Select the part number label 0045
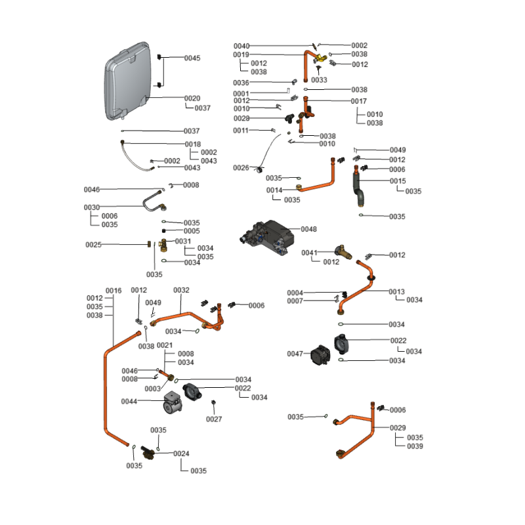[x=192, y=58]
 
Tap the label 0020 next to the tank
[x=192, y=98]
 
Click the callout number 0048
[x=308, y=229]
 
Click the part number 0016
[x=114, y=290]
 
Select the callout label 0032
[x=181, y=290]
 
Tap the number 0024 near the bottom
[x=181, y=453]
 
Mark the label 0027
[x=214, y=419]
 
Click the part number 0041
[x=309, y=253]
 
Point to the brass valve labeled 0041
[x=343, y=251]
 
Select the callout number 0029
[x=398, y=428]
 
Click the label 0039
[x=415, y=446]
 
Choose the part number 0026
[x=241, y=168]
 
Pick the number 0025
[x=93, y=245]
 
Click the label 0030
[x=91, y=207]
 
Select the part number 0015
[x=398, y=180]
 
